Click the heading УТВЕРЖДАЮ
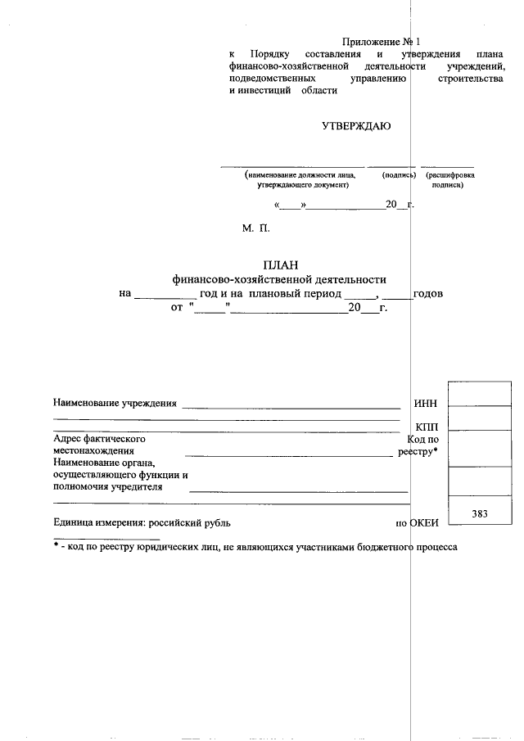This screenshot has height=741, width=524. (x=355, y=126)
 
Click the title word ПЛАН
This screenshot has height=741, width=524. (x=279, y=264)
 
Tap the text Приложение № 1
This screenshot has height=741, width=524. (x=380, y=41)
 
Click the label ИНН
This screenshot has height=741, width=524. (x=426, y=403)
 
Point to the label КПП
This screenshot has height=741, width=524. (x=427, y=427)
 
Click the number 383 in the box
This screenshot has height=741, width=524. (x=480, y=513)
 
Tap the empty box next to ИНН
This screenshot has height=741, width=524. (x=480, y=394)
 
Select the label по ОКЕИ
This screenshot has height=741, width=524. (x=418, y=522)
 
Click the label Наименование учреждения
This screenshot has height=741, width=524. (x=115, y=403)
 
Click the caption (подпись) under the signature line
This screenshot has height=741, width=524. (x=400, y=175)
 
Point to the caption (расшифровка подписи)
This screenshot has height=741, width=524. (x=449, y=180)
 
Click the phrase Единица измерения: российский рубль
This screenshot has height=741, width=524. (x=142, y=522)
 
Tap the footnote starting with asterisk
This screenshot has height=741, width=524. (x=255, y=546)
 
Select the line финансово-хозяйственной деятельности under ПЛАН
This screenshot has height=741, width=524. (x=278, y=279)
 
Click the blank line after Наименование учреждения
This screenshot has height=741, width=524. (x=291, y=406)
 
